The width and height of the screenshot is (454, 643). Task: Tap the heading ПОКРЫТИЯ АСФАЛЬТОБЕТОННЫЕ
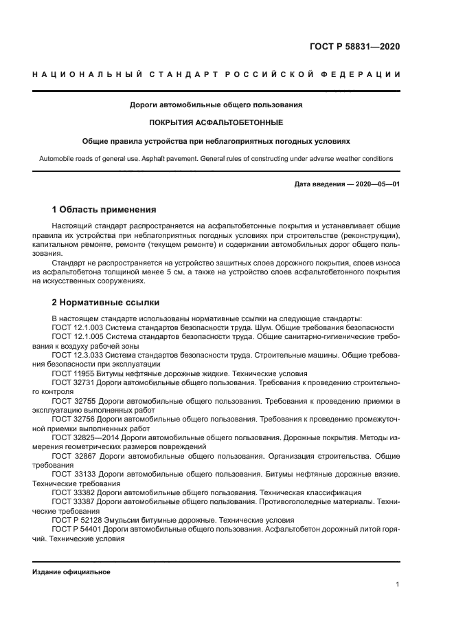coord(216,123)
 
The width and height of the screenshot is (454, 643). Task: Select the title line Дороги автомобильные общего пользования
coord(216,105)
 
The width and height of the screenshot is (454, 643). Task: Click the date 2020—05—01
coord(375,184)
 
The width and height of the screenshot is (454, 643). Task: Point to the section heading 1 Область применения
coord(104,209)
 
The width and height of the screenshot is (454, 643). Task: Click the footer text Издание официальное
coord(71,572)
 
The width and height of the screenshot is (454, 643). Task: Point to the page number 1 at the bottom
coord(398,584)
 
